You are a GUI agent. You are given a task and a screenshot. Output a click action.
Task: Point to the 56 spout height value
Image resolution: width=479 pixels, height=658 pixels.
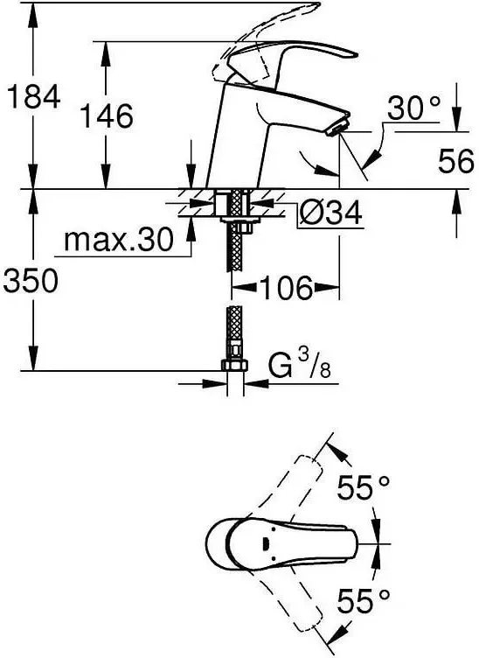[x=455, y=160]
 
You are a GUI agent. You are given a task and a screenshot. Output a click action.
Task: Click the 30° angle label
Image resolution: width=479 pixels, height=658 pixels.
[x=412, y=109]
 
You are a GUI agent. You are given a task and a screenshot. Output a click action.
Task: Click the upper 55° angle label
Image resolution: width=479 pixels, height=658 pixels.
[x=363, y=490]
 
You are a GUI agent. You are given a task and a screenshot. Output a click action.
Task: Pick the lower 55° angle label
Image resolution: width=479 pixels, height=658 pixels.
[x=363, y=601]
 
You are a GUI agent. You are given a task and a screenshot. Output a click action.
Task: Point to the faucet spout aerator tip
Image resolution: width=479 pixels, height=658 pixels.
[x=337, y=128]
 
